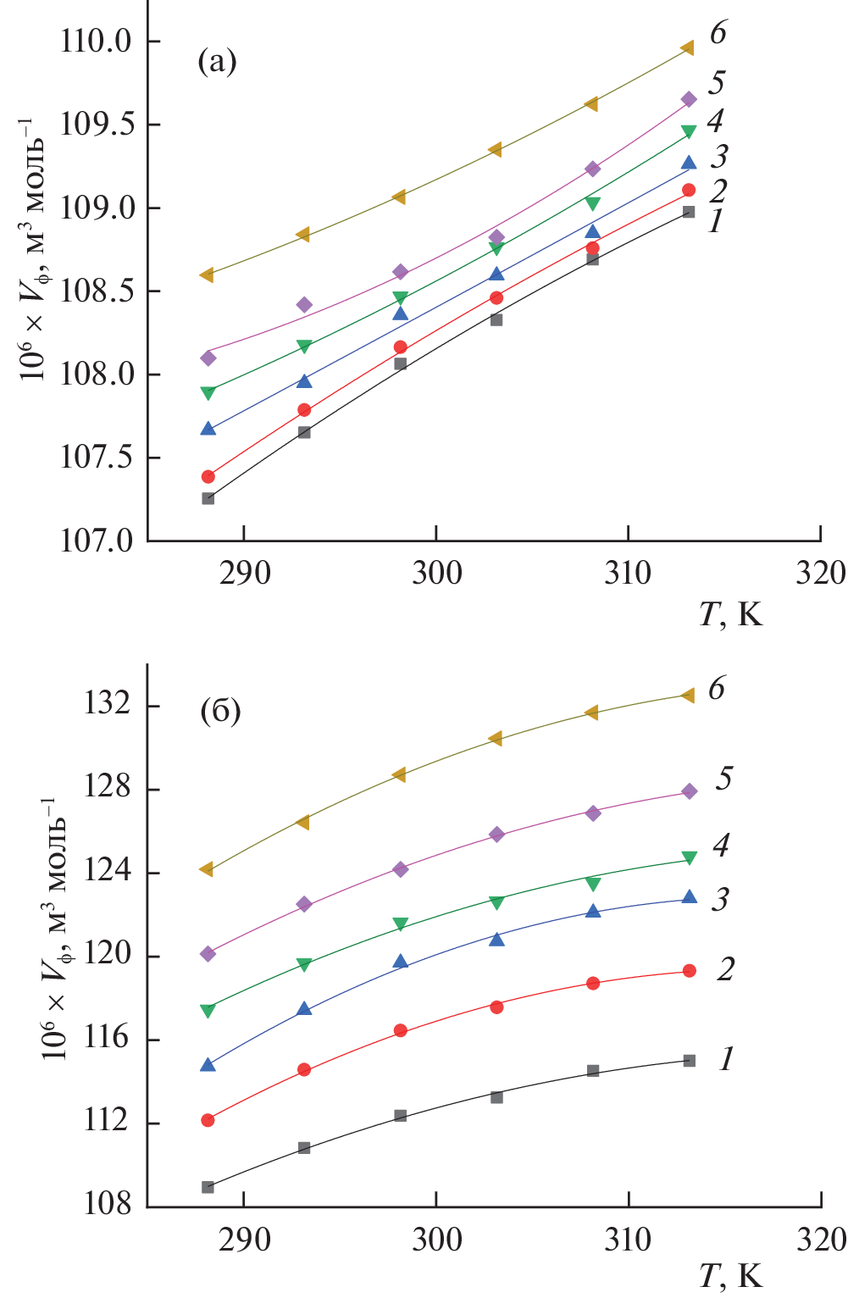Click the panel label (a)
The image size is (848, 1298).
pyautogui.click(x=217, y=61)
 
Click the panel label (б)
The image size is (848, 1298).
pyautogui.click(x=220, y=711)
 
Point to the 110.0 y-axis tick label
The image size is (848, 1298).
pyautogui.click(x=97, y=41)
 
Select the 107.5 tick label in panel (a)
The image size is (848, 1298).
pyautogui.click(x=97, y=458)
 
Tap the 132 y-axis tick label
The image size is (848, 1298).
pyautogui.click(x=108, y=705)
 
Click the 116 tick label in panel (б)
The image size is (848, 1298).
pyautogui.click(x=108, y=1039)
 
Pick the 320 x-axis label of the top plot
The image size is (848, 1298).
pyautogui.click(x=820, y=574)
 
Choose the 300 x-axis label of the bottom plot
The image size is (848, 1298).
pyautogui.click(x=436, y=1240)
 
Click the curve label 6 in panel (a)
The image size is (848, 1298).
pyautogui.click(x=718, y=33)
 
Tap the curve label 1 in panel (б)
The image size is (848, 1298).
pyautogui.click(x=725, y=1058)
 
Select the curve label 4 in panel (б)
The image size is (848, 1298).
pyautogui.click(x=721, y=845)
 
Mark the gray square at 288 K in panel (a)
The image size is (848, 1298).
pyautogui.click(x=208, y=498)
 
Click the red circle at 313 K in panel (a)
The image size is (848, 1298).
pyautogui.click(x=689, y=190)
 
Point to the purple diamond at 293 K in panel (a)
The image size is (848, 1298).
pyautogui.click(x=304, y=305)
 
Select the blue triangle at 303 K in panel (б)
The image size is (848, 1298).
pyautogui.click(x=497, y=939)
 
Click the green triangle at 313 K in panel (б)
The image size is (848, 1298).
pyautogui.click(x=690, y=858)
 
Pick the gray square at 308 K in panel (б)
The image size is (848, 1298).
pyautogui.click(x=593, y=1071)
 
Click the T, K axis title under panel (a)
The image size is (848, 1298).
pyautogui.click(x=731, y=614)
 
